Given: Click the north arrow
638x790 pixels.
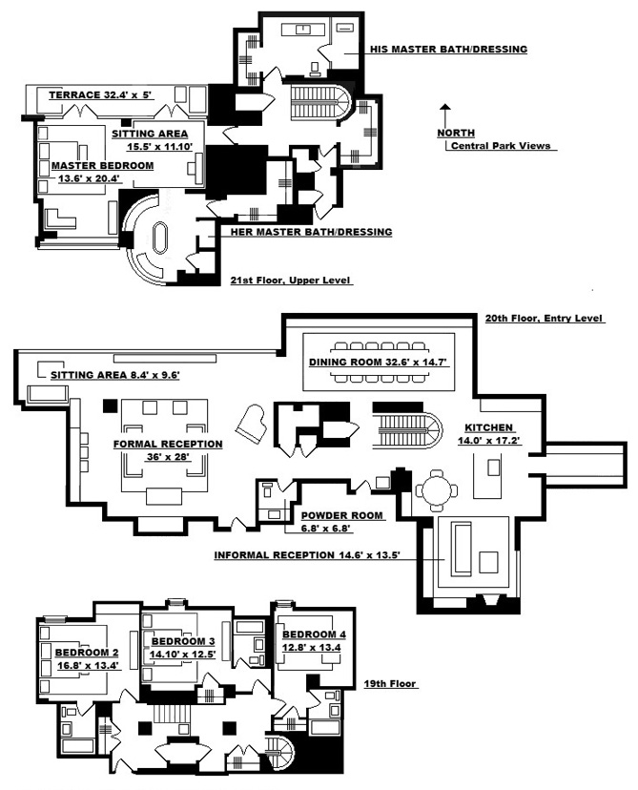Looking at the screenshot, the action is point(443,113).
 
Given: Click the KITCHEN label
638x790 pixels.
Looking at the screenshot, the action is point(489,427).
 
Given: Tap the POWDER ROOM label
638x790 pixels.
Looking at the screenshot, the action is point(342,515).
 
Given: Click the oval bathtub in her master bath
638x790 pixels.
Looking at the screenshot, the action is point(159,238).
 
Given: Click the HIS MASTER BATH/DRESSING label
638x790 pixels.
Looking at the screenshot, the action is point(448,49).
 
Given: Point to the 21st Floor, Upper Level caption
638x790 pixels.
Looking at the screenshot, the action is point(291,281).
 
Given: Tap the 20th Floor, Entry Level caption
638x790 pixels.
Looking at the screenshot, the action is point(539,318).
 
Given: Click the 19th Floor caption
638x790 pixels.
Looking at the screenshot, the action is point(395,683).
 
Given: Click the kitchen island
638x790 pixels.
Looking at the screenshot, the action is point(495,468).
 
